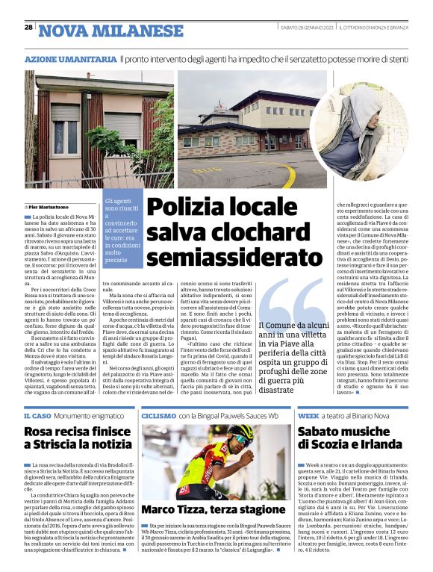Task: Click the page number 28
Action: pos(28,28)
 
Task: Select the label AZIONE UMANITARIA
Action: pos(70,58)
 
